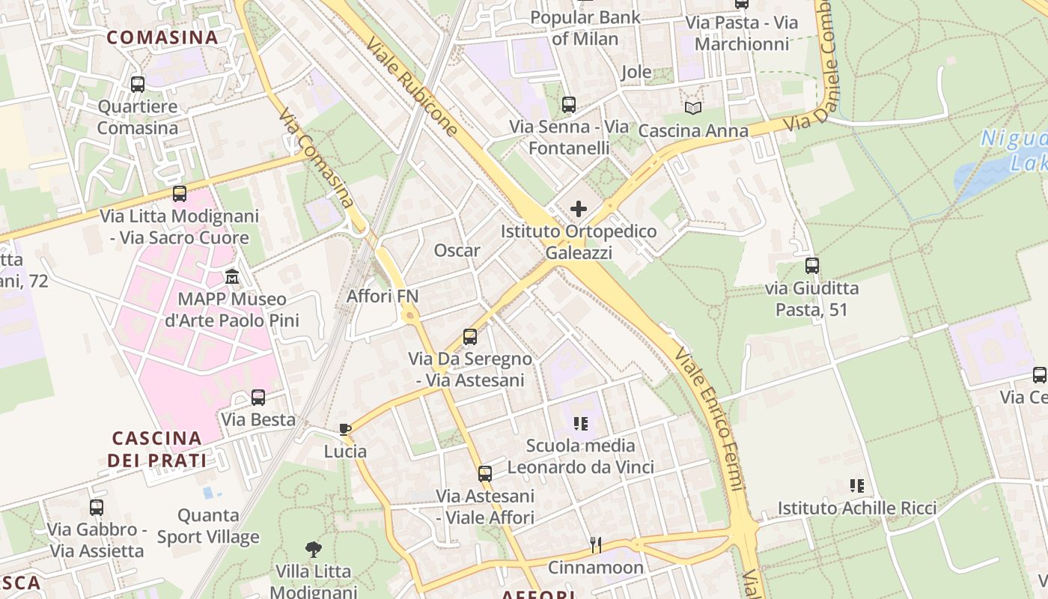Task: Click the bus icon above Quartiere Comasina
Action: pos(138,85)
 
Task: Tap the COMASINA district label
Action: pos(162,37)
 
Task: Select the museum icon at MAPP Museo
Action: pos(232,277)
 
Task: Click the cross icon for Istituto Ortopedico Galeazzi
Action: pos(579,209)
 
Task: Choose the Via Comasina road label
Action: pos(315,159)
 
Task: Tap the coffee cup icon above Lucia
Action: pos(344,429)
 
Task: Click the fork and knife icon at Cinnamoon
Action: pos(596,544)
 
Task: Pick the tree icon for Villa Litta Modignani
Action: pos(313,550)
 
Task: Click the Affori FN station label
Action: pos(383,297)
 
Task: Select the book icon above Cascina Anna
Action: pos(693,109)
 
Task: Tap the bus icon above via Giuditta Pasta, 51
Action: pos(811,265)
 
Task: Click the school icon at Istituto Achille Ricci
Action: pos(857,486)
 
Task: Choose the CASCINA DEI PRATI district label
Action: pos(156,449)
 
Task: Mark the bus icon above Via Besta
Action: pos(258,398)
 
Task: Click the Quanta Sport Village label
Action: pos(208,526)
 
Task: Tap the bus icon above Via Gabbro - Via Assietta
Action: pos(97,508)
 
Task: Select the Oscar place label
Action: pos(457,250)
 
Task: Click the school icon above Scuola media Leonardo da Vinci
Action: pos(580,424)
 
